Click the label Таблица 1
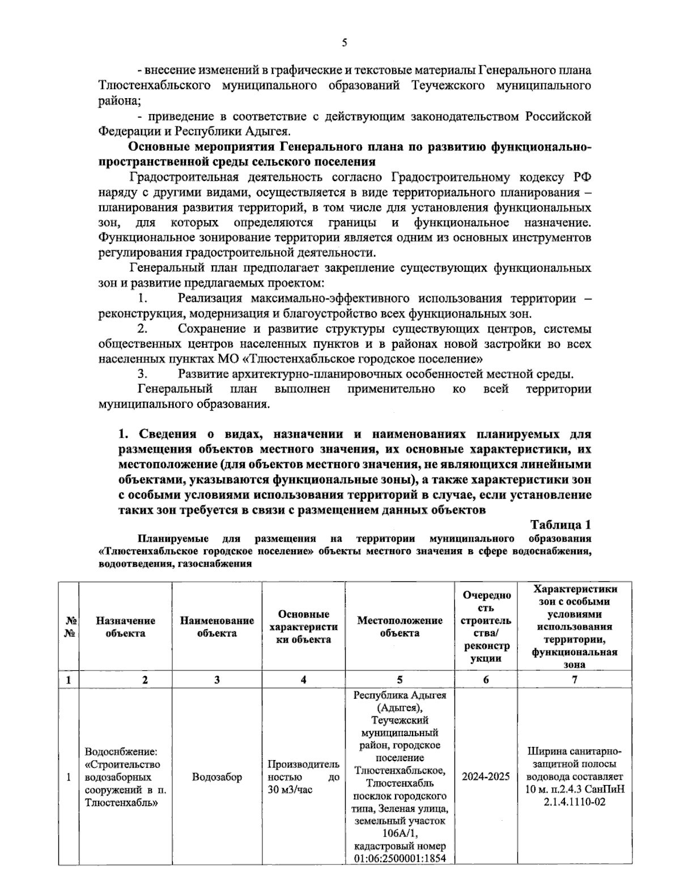coord(560,524)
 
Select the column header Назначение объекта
coord(125,627)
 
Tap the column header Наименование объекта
coord(217,627)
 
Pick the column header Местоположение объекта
coord(399,627)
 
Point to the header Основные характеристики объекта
coord(304,627)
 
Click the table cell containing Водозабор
coord(217,777)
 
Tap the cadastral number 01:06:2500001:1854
coord(400,858)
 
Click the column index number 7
coord(575,680)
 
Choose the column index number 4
coord(304,680)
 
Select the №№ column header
coord(70,627)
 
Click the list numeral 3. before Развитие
coord(143,374)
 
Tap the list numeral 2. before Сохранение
coord(143,328)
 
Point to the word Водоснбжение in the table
coord(121,752)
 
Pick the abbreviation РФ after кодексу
coord(582,177)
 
